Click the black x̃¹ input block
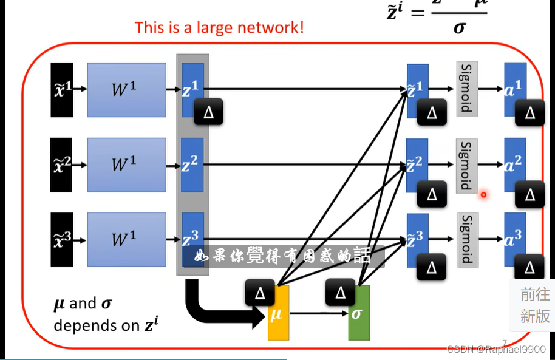(x=62, y=89)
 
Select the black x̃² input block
(x=62, y=165)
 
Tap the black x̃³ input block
(x=62, y=240)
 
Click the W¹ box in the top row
(x=126, y=90)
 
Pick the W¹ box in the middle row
(x=126, y=165)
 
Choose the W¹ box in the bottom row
(x=126, y=240)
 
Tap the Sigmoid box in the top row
(x=467, y=89)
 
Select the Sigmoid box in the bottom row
(x=467, y=239)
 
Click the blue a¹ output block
(x=514, y=88)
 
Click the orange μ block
(x=279, y=314)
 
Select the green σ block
(x=359, y=314)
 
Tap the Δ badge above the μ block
(x=260, y=293)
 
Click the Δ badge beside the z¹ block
(x=208, y=111)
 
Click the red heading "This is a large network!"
(x=219, y=27)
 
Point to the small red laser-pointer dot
(x=483, y=195)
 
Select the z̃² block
(x=416, y=163)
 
